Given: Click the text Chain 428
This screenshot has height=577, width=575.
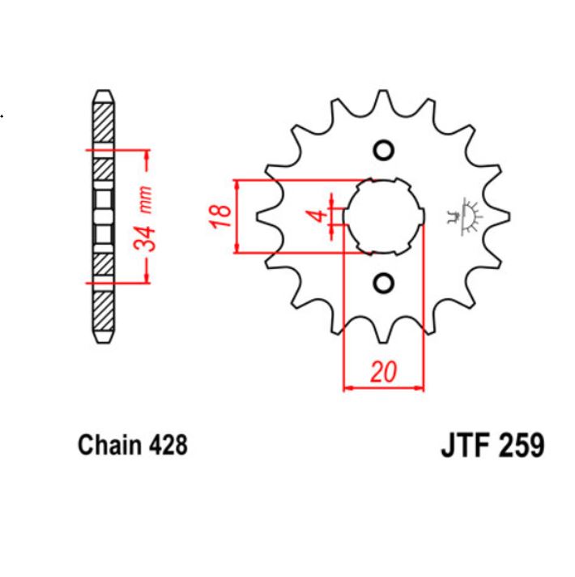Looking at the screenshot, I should point(132,445).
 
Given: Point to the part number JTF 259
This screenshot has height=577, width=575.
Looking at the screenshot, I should point(492,446).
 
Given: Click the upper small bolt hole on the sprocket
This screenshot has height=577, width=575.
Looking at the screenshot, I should point(384,151).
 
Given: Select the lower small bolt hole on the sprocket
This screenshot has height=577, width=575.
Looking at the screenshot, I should point(384,282).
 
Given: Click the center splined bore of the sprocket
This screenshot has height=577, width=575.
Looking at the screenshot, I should point(384,216).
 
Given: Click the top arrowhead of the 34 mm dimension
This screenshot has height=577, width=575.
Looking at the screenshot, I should point(147,155).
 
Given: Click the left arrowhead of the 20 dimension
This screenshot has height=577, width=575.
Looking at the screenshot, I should point(348,388).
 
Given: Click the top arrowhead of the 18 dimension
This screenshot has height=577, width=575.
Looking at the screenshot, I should point(236,184).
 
